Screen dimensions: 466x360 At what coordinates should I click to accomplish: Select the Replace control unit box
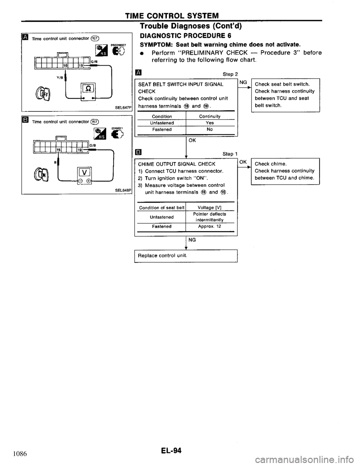coord(186,255)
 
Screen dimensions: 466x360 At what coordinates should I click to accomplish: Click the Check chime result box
coord(285,170)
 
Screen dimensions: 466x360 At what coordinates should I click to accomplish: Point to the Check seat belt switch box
coord(285,95)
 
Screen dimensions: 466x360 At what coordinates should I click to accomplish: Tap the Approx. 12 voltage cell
coord(210,227)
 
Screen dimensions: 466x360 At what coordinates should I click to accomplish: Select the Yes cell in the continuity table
coord(210,123)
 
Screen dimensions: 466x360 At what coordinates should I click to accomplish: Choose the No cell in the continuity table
coord(210,129)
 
